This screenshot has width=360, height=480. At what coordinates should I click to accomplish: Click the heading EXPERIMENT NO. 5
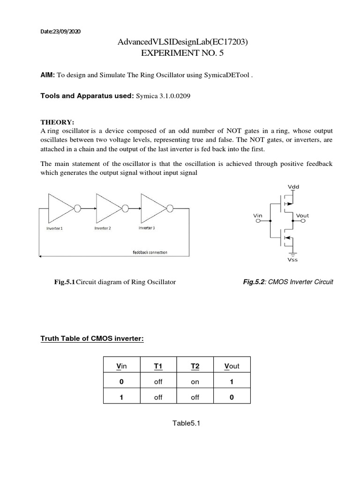pyautogui.click(x=182, y=53)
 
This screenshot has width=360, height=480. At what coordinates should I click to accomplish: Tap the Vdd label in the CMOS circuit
pyautogui.click(x=293, y=186)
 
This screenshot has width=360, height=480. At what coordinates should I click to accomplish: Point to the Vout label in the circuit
pyautogui.click(x=302, y=216)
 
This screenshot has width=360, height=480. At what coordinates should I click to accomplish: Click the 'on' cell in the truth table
pyautogui.click(x=195, y=382)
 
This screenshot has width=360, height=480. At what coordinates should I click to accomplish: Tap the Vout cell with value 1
pyautogui.click(x=231, y=382)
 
